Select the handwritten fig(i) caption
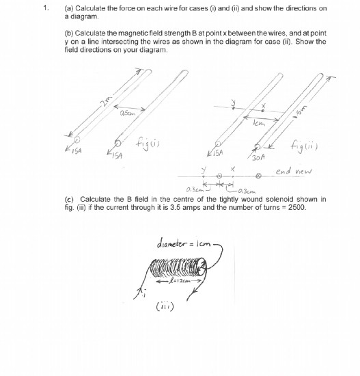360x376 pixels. pos(148,144)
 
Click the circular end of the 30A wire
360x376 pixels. pos(255,146)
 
